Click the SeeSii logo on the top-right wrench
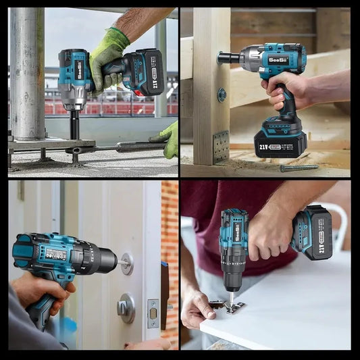(x=278, y=59)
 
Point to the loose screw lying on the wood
(x=299, y=168)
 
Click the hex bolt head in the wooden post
(x=222, y=94)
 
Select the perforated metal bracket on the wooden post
(x=220, y=146)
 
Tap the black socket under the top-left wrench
(x=74, y=125)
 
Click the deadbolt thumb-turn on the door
(x=126, y=308)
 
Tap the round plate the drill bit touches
(x=126, y=263)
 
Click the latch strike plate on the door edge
(x=153, y=313)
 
